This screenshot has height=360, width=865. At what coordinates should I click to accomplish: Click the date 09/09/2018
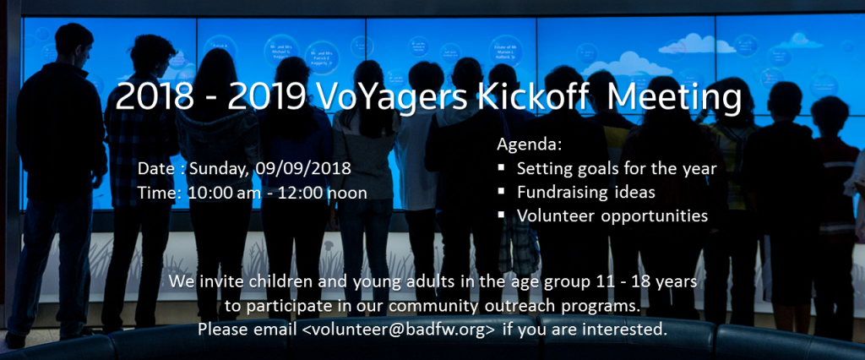pyautogui.click(x=303, y=168)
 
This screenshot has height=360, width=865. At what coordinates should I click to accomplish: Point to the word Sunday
pyautogui.click(x=219, y=168)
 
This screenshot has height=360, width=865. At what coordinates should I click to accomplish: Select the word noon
pyautogui.click(x=347, y=194)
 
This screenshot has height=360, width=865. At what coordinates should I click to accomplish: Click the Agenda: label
pyautogui.click(x=530, y=145)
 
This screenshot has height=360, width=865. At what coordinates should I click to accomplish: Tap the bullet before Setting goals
pyautogui.click(x=502, y=167)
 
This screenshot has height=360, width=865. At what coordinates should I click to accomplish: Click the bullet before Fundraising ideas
pyautogui.click(x=502, y=191)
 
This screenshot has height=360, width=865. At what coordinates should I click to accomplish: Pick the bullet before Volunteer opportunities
pyautogui.click(x=502, y=215)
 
